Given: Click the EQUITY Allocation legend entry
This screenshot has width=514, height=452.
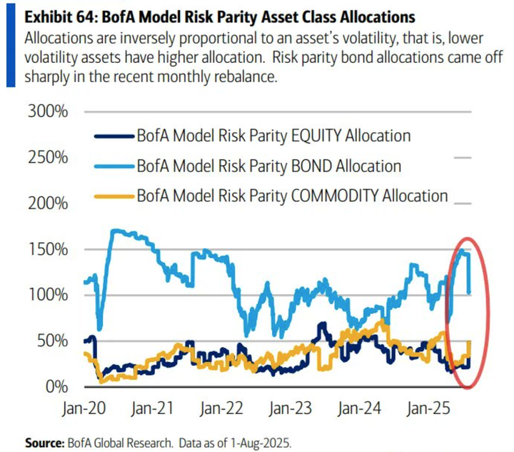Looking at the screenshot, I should click(273, 136).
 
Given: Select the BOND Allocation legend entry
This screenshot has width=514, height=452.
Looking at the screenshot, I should click(268, 166).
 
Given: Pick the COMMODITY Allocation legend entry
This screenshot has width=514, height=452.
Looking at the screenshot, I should click(292, 196).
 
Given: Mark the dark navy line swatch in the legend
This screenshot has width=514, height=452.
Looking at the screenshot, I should click(114, 136).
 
